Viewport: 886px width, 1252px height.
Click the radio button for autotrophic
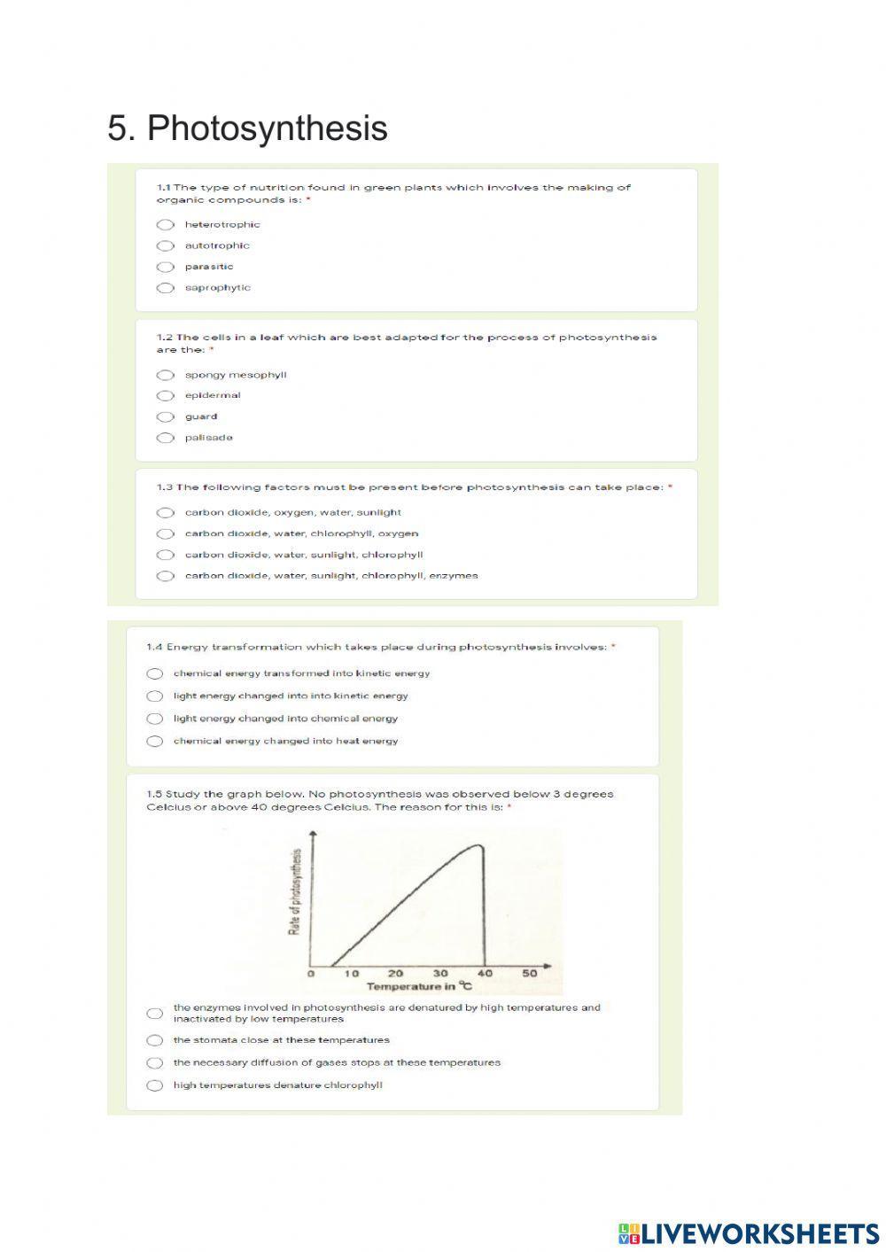(166, 246)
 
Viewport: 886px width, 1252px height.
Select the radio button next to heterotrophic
(166, 225)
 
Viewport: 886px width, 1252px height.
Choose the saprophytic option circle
(166, 288)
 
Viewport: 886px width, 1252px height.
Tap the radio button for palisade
(166, 438)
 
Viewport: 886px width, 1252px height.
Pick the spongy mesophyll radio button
(166, 375)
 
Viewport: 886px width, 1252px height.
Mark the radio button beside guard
(166, 417)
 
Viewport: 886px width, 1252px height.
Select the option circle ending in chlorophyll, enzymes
(166, 576)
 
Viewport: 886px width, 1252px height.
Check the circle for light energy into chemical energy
(155, 719)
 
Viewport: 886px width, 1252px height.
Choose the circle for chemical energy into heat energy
(155, 742)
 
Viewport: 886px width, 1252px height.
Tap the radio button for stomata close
(155, 1040)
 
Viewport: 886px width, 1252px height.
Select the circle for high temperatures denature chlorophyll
(155, 1085)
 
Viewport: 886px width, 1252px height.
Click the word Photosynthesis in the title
(267, 128)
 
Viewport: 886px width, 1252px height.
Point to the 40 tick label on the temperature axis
(486, 973)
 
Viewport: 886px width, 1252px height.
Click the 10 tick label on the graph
(352, 973)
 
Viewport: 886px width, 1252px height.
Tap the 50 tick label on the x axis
(530, 973)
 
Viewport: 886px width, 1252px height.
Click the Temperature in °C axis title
(419, 986)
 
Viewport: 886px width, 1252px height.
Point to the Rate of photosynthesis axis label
(295, 892)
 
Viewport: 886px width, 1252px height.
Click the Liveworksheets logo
(748, 1233)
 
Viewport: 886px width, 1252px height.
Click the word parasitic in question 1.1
(209, 267)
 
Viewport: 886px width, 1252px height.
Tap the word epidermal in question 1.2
(213, 395)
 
